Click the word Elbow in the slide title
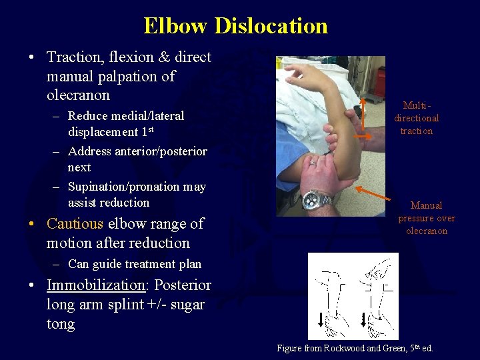tap(176, 26)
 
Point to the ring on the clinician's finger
tap(312, 162)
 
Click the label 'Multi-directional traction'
tap(417, 118)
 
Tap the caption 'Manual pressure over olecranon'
tap(427, 218)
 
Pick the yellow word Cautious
tap(75, 223)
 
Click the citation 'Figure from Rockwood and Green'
tap(354, 348)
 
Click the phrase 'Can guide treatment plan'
tap(134, 264)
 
